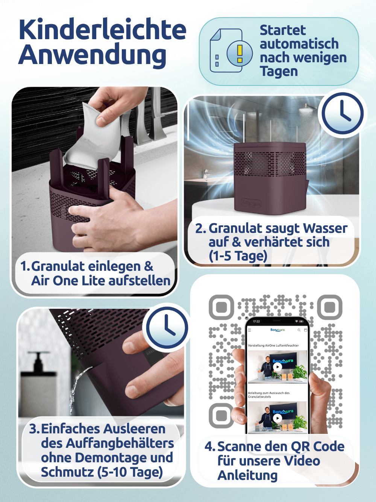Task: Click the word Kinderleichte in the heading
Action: tap(103, 29)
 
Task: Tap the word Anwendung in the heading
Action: tap(92, 55)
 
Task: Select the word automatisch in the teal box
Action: tap(299, 44)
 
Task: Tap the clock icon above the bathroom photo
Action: tap(343, 113)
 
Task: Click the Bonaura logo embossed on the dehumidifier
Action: tap(251, 203)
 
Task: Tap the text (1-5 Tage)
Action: tap(238, 256)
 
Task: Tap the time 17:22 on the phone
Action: tap(256, 321)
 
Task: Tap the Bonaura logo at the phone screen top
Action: tap(277, 330)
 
